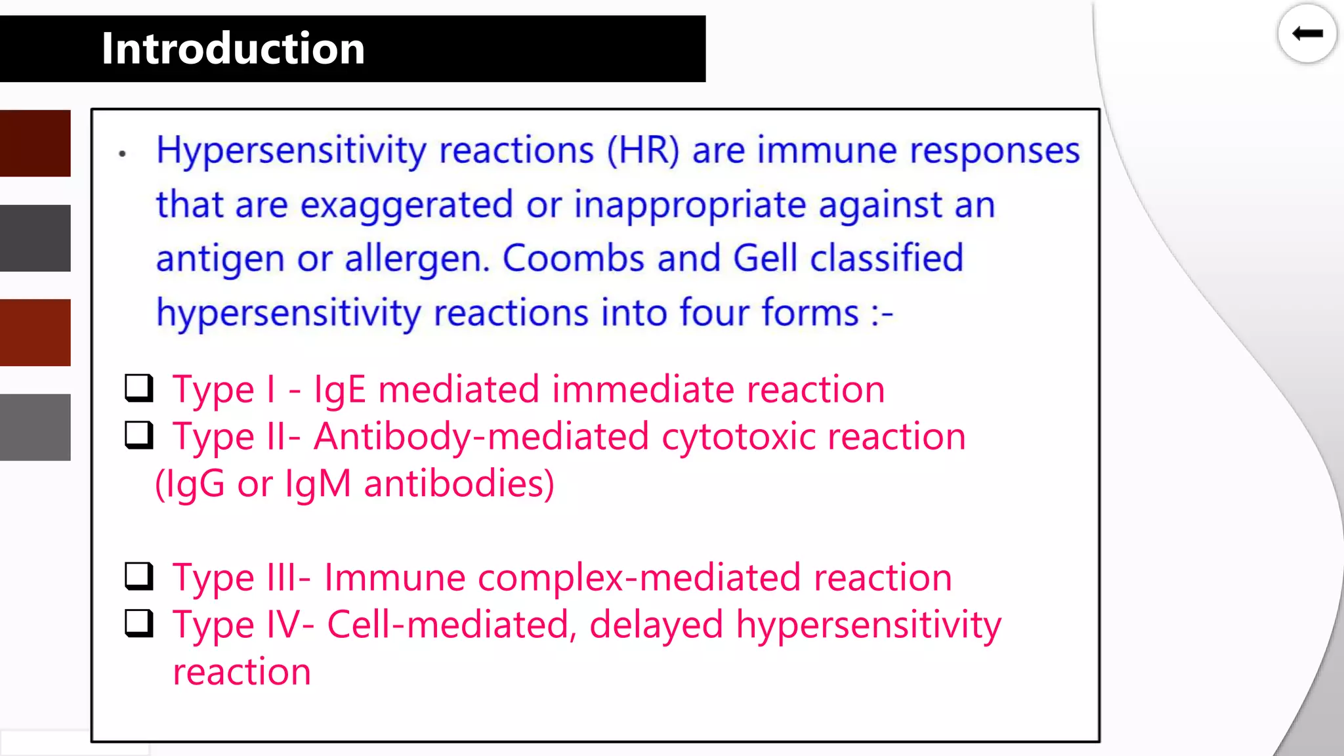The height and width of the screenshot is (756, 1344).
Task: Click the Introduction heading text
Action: [x=233, y=49]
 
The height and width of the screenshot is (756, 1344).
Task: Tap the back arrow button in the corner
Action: [x=1307, y=33]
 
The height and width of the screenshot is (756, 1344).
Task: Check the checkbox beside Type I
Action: [x=139, y=388]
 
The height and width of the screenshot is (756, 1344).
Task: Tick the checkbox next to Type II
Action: [x=139, y=435]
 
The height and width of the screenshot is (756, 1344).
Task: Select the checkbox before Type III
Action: [x=139, y=576]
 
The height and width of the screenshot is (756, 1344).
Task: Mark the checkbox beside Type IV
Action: [x=139, y=623]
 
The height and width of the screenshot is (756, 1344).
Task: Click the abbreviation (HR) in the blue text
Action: [x=643, y=150]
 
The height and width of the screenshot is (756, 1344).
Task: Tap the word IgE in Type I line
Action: [x=339, y=390]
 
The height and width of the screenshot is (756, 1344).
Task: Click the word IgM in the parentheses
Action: [x=318, y=484]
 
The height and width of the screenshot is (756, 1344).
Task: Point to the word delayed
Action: [x=656, y=625]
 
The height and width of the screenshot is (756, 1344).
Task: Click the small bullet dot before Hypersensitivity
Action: [x=122, y=154]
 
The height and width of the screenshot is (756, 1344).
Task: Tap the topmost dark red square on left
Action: [x=35, y=143]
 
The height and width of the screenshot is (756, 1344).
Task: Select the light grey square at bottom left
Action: [x=35, y=427]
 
